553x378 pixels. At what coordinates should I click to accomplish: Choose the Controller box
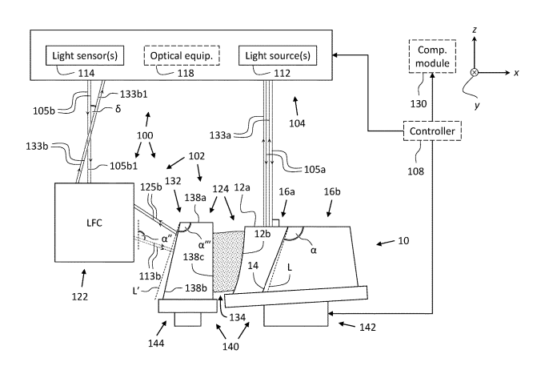tap(432, 131)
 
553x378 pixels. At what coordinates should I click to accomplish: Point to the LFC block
tap(94, 220)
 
